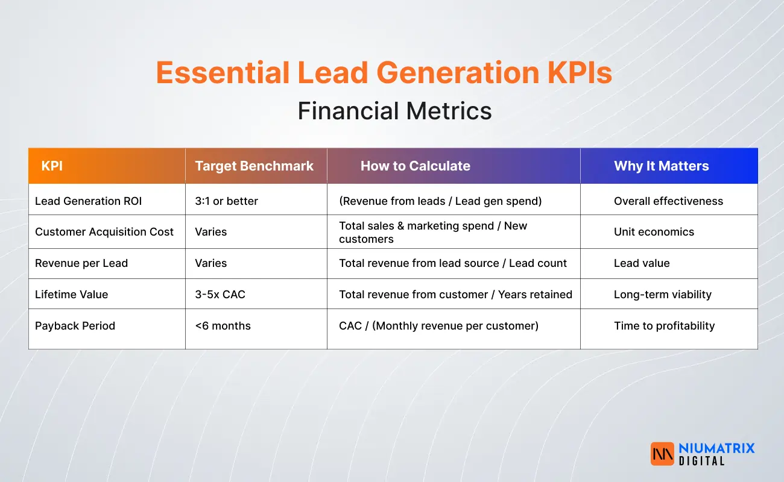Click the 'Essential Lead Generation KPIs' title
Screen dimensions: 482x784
click(x=384, y=73)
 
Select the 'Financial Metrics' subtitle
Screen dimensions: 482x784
click(x=394, y=111)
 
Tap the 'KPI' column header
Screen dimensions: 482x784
click(x=52, y=166)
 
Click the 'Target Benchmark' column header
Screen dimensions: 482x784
click(x=254, y=166)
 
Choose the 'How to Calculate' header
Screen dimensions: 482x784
click(x=415, y=166)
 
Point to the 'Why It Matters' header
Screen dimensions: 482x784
click(x=661, y=166)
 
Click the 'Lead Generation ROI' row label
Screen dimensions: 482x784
click(x=88, y=201)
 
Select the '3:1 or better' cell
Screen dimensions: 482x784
click(x=226, y=201)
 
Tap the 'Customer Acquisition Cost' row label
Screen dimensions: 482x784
click(x=104, y=232)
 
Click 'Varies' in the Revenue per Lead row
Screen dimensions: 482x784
click(x=210, y=263)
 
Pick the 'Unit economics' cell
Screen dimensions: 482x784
click(x=654, y=232)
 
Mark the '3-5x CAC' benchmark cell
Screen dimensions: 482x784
click(x=220, y=295)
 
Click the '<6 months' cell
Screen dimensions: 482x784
click(x=223, y=326)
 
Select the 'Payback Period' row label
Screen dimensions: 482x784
click(x=75, y=326)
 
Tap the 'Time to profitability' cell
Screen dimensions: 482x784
click(x=664, y=326)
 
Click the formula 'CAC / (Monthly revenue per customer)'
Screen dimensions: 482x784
click(x=438, y=326)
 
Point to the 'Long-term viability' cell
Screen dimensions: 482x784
click(x=662, y=295)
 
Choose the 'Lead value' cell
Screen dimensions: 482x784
click(x=642, y=263)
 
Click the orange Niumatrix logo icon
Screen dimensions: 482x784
click(x=662, y=454)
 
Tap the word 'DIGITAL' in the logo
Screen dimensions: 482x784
click(x=701, y=461)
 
